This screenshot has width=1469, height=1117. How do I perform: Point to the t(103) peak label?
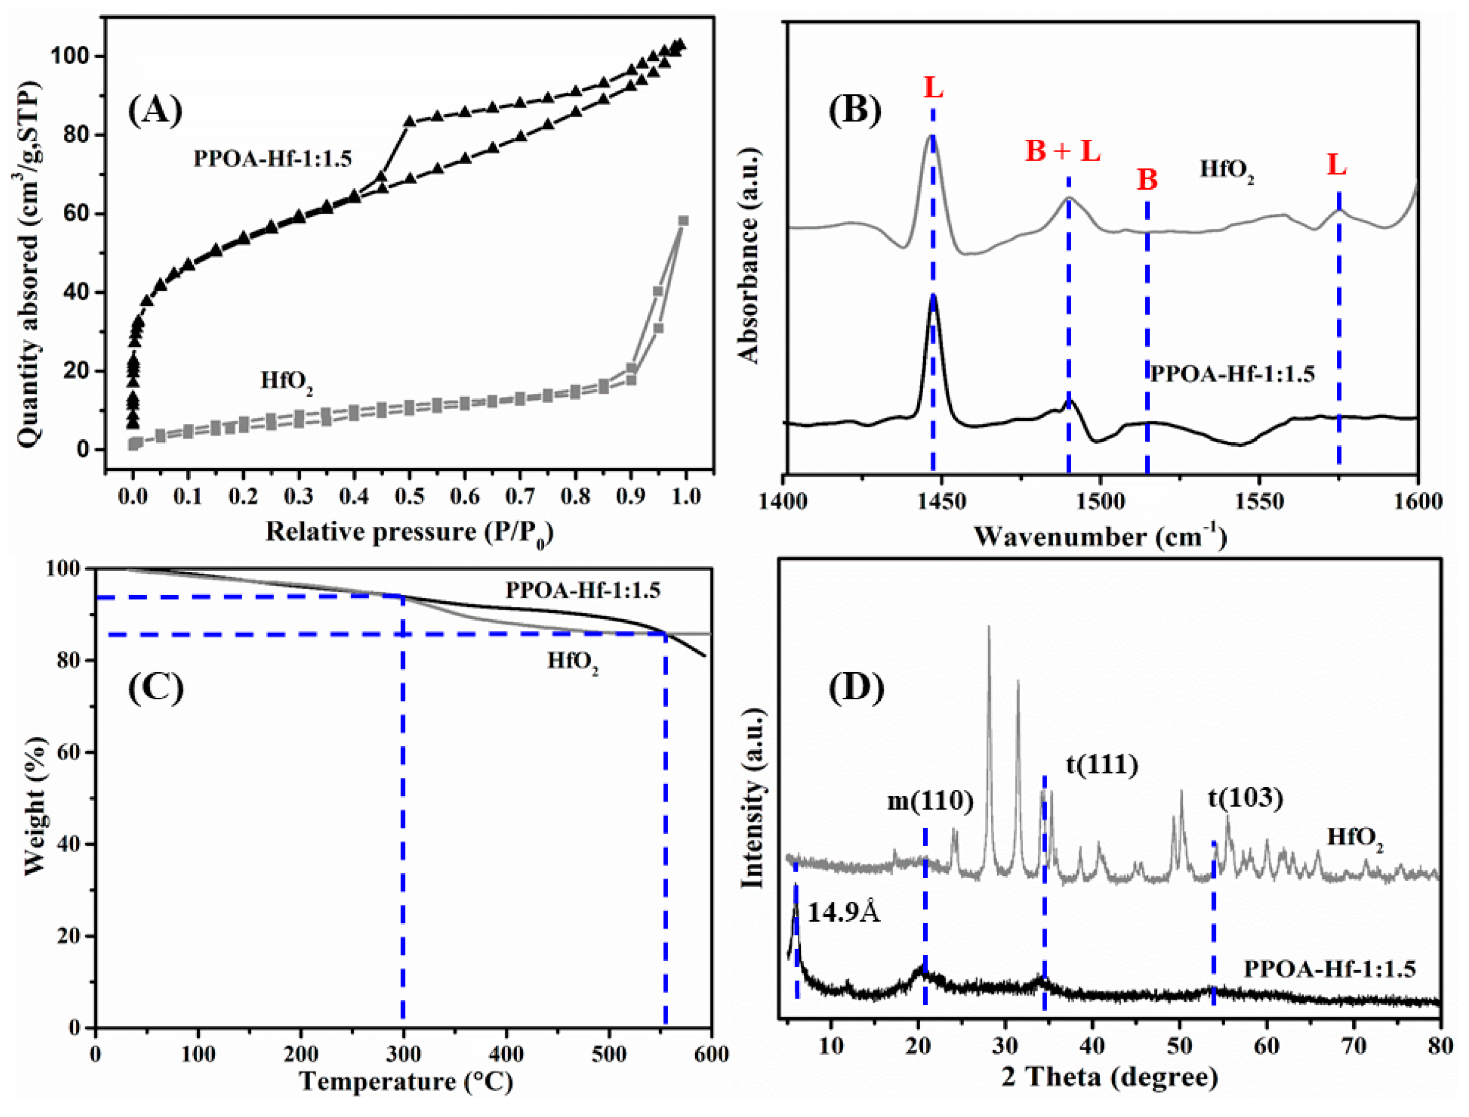1245,798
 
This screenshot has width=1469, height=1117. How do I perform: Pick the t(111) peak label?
1102,765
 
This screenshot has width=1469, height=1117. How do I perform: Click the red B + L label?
1062,151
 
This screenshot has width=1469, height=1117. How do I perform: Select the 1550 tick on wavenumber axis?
1258,501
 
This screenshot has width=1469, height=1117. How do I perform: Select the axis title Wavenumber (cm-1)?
1101,537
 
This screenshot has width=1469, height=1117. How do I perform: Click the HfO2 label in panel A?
287,381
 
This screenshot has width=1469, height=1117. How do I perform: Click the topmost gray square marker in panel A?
683,221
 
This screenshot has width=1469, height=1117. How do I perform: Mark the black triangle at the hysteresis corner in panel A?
410,121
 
